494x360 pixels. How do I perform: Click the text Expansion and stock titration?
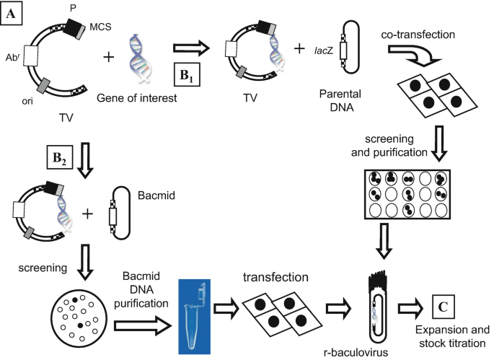pos(444,338)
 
